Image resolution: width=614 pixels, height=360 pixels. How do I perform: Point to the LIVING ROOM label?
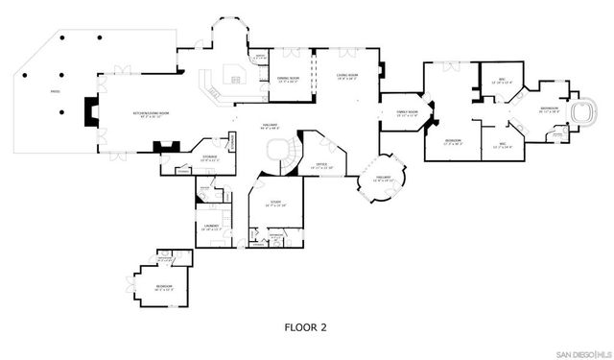coord(346,77)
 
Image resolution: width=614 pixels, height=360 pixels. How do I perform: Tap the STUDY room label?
coord(274,204)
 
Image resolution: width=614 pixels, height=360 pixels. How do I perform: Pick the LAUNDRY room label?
coord(211,227)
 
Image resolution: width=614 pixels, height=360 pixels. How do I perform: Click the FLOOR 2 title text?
coord(305,327)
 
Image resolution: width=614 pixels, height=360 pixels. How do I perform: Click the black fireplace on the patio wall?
coord(89,112)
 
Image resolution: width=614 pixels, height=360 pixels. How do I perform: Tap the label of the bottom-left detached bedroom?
coord(138,286)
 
